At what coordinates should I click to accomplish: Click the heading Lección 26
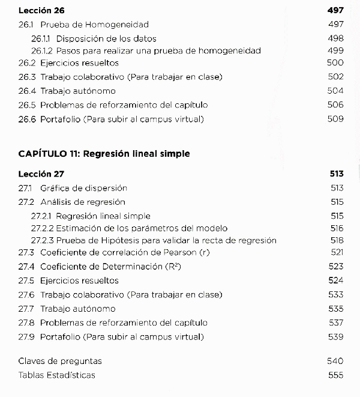pos(41,11)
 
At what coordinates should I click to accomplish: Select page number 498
pos(335,38)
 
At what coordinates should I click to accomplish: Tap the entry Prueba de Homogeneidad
pos(94,25)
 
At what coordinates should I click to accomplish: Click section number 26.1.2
pos(42,51)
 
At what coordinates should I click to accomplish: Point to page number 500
pos(335,63)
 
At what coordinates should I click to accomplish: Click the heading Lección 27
pos(41,174)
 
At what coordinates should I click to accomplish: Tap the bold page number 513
pos(336,174)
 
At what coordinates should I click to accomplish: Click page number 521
pos(337,252)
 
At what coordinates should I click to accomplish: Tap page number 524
pos(336,280)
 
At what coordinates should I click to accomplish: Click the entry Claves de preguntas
pos(60,361)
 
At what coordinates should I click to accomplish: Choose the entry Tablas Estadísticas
pos(56,375)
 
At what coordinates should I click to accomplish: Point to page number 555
pos(335,375)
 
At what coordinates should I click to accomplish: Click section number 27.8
pos(27,323)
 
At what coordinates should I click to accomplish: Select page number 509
pos(335,119)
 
